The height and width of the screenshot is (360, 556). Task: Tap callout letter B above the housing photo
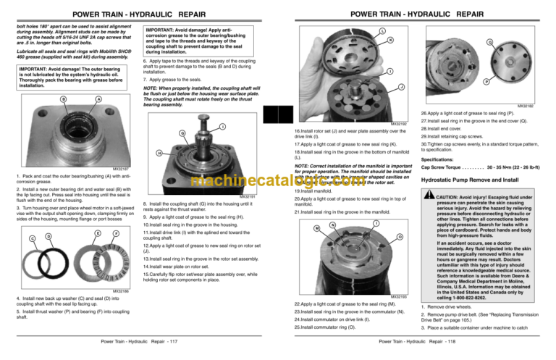pyautogui.click(x=44, y=99)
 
